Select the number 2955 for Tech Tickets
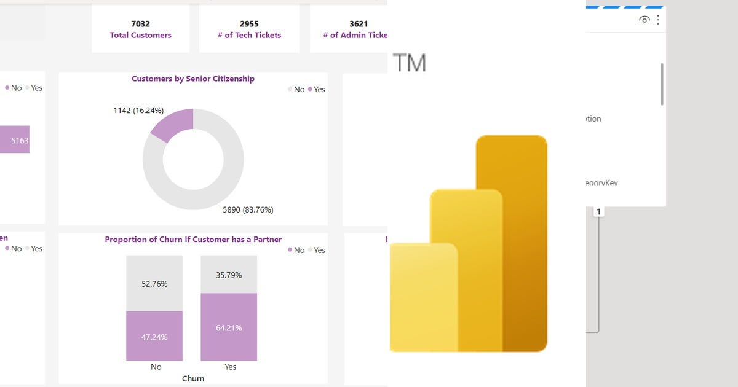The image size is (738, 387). (249, 24)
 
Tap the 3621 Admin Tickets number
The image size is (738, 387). (359, 24)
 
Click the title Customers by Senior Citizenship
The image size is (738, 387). (192, 79)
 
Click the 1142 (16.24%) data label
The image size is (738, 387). (138, 111)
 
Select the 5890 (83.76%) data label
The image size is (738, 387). (248, 209)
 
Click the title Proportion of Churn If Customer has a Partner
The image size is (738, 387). (193, 240)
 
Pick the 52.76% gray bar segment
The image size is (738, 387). (154, 283)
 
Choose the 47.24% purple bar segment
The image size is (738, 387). (154, 336)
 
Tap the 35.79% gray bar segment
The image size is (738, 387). (229, 274)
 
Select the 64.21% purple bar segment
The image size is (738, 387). (229, 327)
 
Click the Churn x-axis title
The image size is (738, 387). (193, 378)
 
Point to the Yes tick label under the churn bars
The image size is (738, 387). (230, 367)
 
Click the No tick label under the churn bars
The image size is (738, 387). (156, 367)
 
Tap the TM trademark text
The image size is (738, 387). (409, 63)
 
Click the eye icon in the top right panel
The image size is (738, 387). (644, 20)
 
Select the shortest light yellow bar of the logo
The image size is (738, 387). (423, 298)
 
